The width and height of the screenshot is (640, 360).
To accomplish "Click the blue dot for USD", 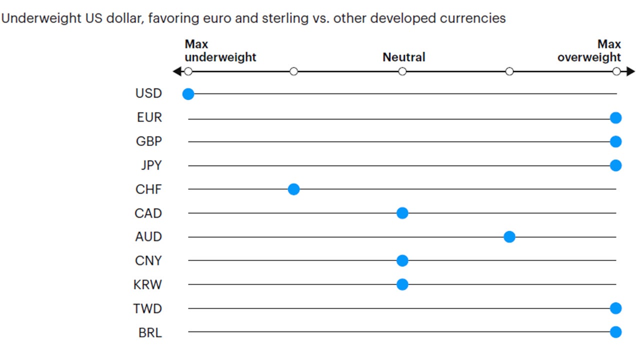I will [x=188, y=93].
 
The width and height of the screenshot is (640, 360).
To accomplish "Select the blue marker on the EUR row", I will [x=615, y=118].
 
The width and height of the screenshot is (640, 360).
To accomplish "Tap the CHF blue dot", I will [x=293, y=189].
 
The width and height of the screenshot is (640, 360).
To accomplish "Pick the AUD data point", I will [x=509, y=237].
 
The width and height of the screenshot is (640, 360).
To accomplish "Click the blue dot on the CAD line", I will [x=402, y=213].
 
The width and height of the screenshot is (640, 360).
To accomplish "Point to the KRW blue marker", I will [x=402, y=284].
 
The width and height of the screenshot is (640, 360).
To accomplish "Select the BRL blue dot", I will [x=615, y=332].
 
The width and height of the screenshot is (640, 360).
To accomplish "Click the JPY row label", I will [x=149, y=165].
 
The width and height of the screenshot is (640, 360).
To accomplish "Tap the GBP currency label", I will [x=148, y=141].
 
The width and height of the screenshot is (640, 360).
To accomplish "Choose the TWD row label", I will [x=147, y=308].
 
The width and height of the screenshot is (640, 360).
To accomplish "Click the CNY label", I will [x=148, y=261].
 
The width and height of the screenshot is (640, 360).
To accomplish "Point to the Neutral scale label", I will [x=403, y=57].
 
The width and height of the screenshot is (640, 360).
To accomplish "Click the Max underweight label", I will [x=220, y=51].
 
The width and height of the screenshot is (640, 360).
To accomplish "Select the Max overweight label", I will [x=589, y=51].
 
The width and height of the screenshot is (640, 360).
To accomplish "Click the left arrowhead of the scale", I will [x=176, y=72].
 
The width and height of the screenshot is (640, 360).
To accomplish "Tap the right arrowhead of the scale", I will [x=630, y=72].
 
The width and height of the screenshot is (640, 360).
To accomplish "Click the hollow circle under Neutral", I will [x=402, y=72].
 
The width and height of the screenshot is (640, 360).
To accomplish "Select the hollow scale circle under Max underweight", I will [x=188, y=72].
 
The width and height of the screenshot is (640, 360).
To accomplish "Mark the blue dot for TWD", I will [x=615, y=308].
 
